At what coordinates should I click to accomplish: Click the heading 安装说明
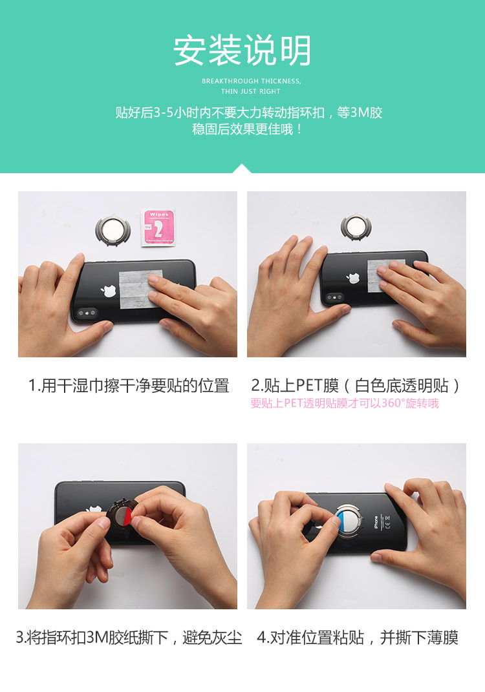coord(242,50)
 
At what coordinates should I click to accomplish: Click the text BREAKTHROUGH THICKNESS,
coord(252,81)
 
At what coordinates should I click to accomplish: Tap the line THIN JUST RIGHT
coord(250,91)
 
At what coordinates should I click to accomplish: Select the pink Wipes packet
coord(158,227)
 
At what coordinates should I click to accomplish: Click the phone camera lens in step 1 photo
coord(87,313)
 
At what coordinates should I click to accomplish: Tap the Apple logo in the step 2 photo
coord(352,278)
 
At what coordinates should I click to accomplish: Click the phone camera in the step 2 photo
coord(334,297)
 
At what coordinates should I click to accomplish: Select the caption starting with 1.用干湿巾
coord(129,386)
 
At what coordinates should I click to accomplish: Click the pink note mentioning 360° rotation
coord(345,403)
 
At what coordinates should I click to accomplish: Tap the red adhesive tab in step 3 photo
coord(127,516)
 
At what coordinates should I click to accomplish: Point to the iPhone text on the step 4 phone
coord(376,523)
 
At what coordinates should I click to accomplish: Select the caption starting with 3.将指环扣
coord(129,638)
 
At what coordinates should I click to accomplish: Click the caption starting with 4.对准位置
coord(358,638)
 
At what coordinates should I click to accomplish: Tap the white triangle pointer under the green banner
coord(242,169)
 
